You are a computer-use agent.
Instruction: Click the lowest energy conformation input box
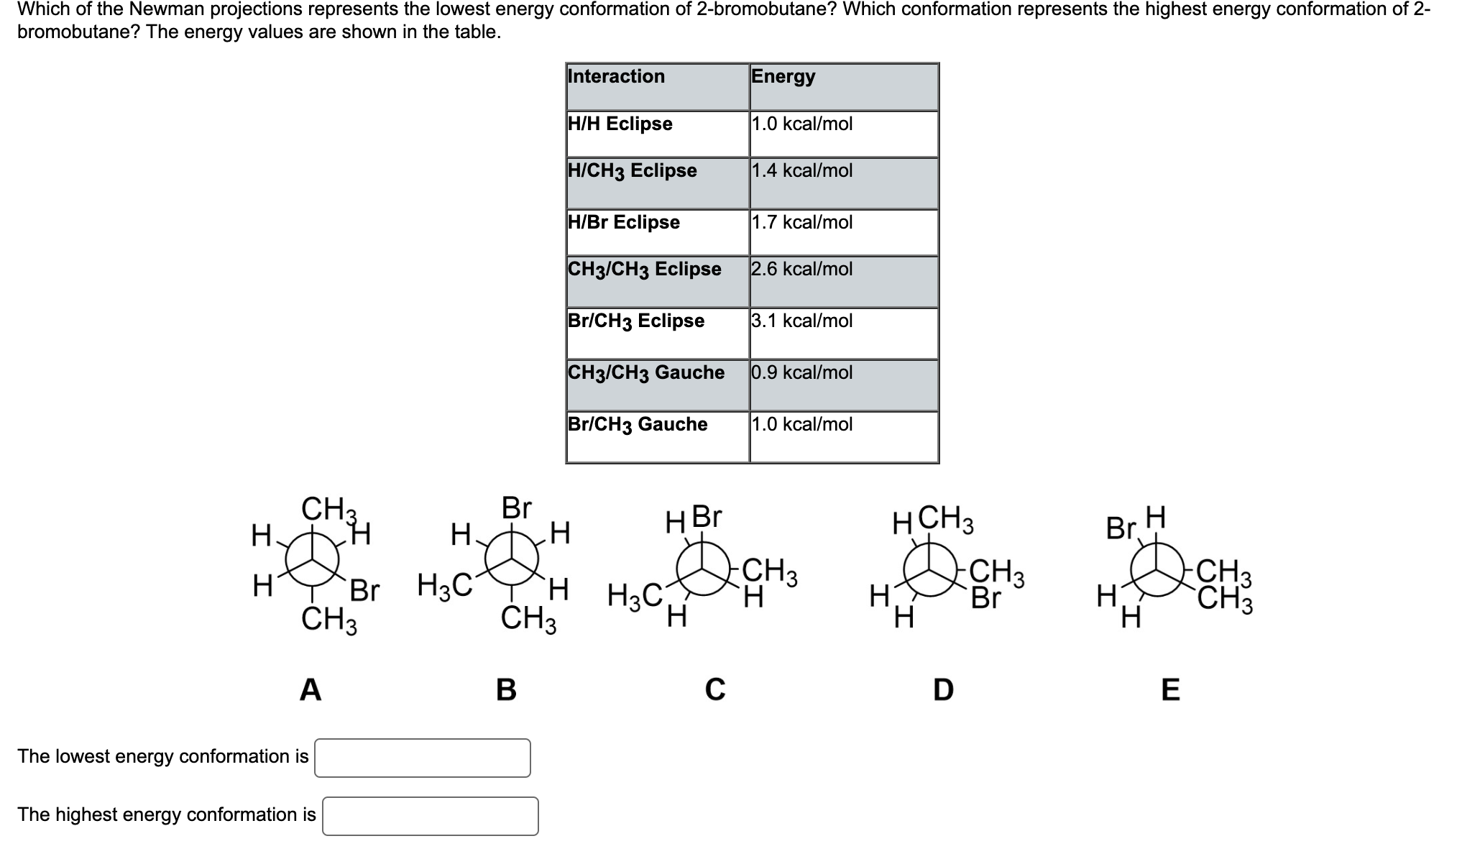[422, 758]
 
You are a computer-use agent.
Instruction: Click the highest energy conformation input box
[430, 816]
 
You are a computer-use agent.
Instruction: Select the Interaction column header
[616, 76]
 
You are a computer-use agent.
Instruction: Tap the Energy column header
[783, 76]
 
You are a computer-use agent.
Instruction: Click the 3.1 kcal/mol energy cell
[801, 321]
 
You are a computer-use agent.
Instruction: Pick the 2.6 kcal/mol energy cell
[801, 269]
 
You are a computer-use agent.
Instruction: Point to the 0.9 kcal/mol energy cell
[801, 372]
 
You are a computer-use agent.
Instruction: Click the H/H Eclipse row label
[620, 124]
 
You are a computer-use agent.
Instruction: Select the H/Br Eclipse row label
[623, 222]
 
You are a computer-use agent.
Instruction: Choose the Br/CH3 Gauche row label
[637, 424]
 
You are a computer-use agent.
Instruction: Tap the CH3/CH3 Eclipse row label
[644, 269]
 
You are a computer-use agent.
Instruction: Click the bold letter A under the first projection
[310, 689]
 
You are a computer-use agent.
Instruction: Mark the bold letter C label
[714, 689]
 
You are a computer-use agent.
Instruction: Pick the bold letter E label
[1170, 689]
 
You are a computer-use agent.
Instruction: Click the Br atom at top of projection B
[516, 508]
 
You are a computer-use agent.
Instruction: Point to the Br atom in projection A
[364, 590]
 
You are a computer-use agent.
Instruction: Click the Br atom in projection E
[1120, 528]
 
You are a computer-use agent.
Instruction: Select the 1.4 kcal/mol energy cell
[801, 170]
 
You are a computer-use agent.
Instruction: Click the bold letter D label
[943, 689]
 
